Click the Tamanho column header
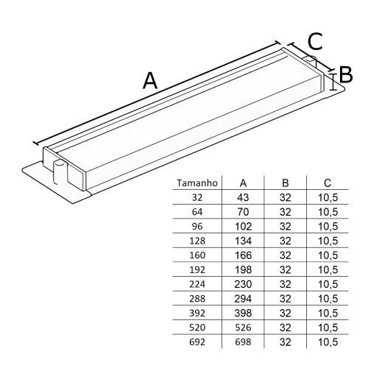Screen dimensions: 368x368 click(x=197, y=183)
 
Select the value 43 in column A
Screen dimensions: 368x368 click(x=243, y=197)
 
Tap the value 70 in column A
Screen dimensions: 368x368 click(x=243, y=212)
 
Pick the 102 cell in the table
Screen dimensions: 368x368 click(x=243, y=227)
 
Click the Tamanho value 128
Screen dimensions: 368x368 click(x=197, y=241)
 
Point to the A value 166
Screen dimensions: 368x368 click(x=243, y=255)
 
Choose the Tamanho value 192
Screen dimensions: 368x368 click(x=197, y=270)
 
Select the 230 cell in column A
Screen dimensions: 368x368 click(x=243, y=284)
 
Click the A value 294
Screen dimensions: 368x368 click(x=243, y=299)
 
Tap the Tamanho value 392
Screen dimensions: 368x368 click(x=197, y=314)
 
